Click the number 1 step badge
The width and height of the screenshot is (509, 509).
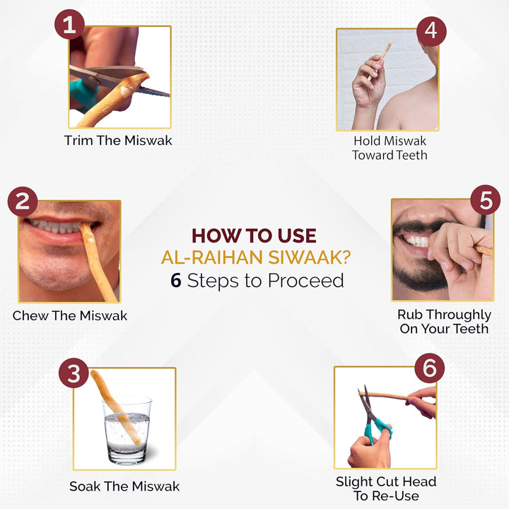(69, 25)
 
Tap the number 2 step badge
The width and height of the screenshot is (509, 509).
(22, 201)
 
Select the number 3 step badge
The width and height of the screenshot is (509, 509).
(74, 373)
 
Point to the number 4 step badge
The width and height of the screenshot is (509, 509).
(431, 32)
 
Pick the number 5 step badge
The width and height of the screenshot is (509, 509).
(485, 201)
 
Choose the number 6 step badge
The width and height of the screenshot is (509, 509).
(429, 368)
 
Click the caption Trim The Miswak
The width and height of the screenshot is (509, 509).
(118, 140)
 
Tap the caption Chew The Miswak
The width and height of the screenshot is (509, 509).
(70, 315)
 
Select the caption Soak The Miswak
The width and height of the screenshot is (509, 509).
(124, 486)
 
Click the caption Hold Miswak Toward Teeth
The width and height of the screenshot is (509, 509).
(390, 147)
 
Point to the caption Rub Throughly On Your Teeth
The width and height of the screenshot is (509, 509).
(443, 322)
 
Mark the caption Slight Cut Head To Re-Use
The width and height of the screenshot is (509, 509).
(385, 488)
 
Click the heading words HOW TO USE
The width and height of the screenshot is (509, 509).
(254, 235)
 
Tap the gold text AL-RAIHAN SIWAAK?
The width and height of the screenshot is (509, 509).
(255, 257)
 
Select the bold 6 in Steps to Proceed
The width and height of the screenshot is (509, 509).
(176, 281)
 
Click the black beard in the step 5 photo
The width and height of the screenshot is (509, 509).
(410, 276)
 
